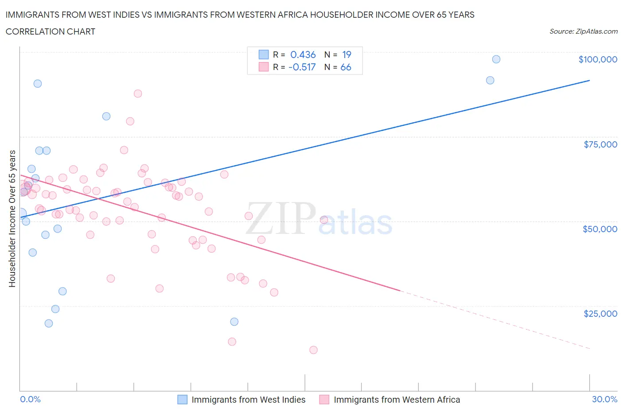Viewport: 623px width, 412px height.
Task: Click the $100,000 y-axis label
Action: [597, 59]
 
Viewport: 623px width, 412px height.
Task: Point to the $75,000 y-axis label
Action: [600, 144]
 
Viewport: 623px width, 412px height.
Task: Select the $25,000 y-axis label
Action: [600, 314]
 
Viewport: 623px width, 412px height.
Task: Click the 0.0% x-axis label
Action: [30, 399]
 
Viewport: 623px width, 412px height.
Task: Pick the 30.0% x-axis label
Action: [604, 399]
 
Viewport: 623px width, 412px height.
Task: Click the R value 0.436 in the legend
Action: [303, 54]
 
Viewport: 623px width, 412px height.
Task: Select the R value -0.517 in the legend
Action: [302, 67]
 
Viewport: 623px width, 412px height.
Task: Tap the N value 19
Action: [347, 54]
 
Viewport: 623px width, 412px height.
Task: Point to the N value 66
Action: [346, 67]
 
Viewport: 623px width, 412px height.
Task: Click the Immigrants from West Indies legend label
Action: [248, 400]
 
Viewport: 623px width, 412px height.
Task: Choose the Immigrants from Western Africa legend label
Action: [397, 400]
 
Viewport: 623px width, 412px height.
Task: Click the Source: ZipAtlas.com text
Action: [583, 31]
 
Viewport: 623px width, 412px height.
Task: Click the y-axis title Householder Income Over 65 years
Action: [12, 218]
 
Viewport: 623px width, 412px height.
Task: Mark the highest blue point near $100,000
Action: [496, 59]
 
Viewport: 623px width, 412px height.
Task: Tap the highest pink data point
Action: [138, 93]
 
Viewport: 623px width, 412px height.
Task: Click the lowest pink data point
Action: [313, 350]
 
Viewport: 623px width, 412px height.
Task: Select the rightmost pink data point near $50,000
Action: [324, 220]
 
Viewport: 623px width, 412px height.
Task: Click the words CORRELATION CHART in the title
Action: [51, 31]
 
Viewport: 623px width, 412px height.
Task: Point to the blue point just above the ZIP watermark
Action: [234, 322]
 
